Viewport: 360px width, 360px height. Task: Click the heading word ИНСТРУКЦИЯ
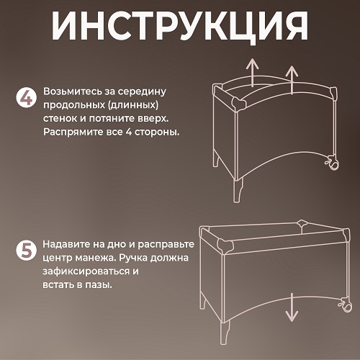coord(179,26)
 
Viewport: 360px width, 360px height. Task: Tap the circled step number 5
coord(27,250)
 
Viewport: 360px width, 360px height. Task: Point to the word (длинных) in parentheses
coord(134,105)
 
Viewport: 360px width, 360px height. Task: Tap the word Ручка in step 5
coord(135,258)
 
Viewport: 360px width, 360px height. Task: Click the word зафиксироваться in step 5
coord(85,271)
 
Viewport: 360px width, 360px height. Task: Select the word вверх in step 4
coord(155,119)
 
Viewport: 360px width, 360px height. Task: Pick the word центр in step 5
coord(58,258)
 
